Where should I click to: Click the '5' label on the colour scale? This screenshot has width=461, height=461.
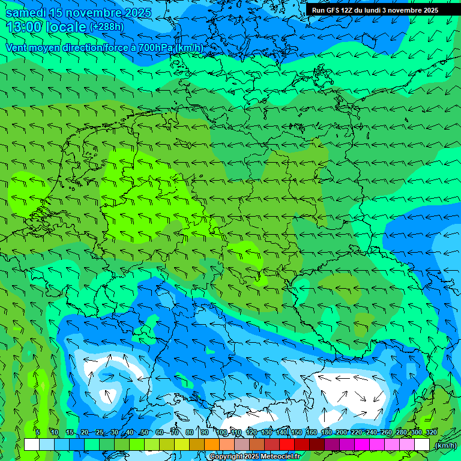tap(37, 432)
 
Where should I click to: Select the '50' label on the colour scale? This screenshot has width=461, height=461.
tap(144, 432)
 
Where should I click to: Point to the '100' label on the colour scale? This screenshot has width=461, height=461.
tap(222, 432)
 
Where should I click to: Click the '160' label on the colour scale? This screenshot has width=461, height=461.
tap(312, 432)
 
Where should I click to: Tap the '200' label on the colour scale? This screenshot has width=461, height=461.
tap(342, 432)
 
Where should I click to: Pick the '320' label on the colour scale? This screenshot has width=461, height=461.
tap(431, 432)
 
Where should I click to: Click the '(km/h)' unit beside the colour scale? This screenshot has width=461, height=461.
tap(445, 445)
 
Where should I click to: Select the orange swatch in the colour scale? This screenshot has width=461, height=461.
tap(211, 445)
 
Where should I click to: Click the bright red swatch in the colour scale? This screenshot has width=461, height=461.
tap(287, 445)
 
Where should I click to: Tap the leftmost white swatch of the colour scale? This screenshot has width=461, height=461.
tap(32, 445)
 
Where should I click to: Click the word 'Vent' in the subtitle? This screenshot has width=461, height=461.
tap(17, 47)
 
